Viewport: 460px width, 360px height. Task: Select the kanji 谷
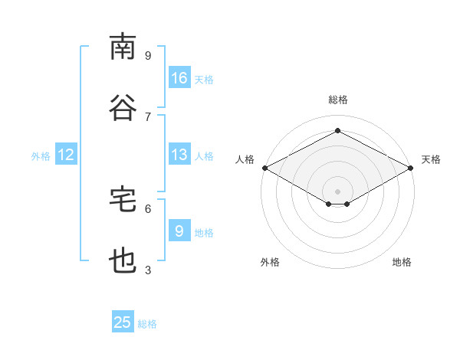(x=123, y=107)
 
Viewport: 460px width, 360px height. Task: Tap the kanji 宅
(x=123, y=199)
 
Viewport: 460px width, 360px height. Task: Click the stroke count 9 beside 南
(x=148, y=55)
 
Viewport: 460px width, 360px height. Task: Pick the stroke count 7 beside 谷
(x=148, y=116)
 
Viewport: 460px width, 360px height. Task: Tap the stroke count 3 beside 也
(x=148, y=270)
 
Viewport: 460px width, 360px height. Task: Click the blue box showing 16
(x=179, y=78)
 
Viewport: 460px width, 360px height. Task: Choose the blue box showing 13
(x=179, y=155)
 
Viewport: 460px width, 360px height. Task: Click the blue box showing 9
(x=179, y=231)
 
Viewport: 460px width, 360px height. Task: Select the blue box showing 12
(x=66, y=155)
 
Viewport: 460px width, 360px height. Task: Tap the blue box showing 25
(x=123, y=322)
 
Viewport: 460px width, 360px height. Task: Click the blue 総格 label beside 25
(x=147, y=324)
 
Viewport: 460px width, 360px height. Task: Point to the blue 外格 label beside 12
(x=41, y=156)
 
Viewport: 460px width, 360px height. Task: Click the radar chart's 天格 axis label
(x=432, y=159)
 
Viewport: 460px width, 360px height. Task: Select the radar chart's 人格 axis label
(x=245, y=159)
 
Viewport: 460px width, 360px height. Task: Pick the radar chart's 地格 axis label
(x=402, y=262)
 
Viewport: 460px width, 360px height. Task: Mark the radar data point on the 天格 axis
(x=412, y=168)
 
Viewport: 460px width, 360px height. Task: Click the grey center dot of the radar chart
(x=337, y=190)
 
